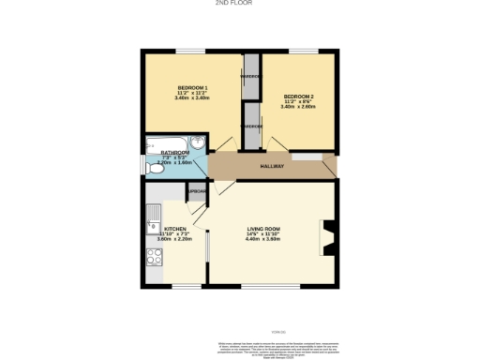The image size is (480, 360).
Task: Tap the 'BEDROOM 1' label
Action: (x=191, y=87)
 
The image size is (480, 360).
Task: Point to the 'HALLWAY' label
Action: (x=272, y=166)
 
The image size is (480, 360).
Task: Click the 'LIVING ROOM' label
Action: (x=263, y=228)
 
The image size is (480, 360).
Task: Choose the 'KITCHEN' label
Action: (x=175, y=229)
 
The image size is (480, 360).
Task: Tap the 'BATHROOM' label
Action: (x=175, y=153)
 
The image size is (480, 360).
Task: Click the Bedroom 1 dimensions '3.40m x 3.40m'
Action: (x=191, y=98)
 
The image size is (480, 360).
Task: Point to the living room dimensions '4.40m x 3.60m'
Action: (x=263, y=239)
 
